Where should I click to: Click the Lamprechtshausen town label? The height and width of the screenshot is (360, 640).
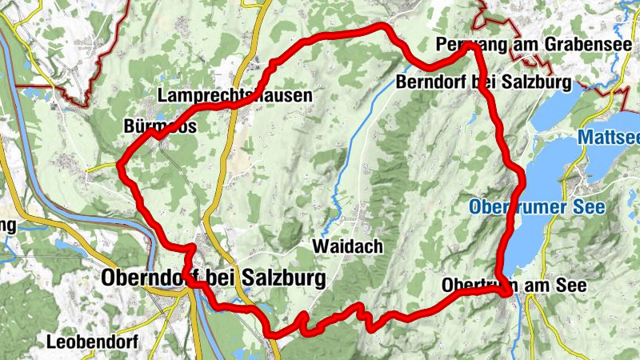pos(234,95)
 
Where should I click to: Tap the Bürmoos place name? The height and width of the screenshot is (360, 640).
pos(160,126)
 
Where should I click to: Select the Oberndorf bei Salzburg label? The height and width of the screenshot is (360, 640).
pos(214,278)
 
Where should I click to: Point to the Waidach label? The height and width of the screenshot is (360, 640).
pos(348,246)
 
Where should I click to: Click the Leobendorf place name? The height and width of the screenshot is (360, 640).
pos(92,342)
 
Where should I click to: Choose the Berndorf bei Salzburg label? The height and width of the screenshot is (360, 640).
pos(482,82)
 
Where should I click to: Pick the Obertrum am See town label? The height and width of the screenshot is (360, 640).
pos(514,286)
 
